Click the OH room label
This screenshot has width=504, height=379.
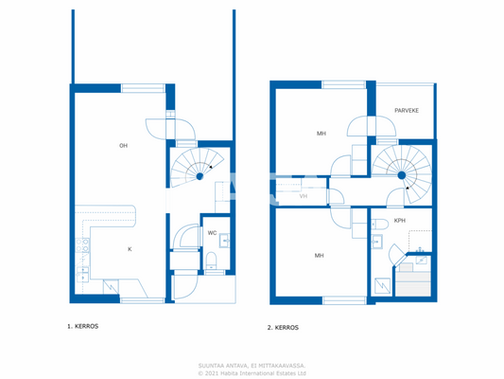[123, 145]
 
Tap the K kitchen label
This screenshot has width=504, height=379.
[130, 249]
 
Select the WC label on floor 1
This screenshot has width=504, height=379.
[212, 232]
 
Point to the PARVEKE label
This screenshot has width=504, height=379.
[407, 111]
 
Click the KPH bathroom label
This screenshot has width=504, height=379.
[400, 222]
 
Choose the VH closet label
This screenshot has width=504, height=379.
[303, 196]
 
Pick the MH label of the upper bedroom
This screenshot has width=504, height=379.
[322, 134]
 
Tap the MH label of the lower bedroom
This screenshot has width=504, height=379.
[320, 256]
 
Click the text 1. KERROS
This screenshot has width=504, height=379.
[82, 326]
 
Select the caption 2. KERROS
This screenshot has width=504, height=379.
[284, 327]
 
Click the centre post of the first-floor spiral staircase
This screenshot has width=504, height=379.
[200, 174]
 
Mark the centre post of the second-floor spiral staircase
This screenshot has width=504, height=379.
[401, 175]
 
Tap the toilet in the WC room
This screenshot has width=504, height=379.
[213, 261]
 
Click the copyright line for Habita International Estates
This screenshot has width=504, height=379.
[252, 373]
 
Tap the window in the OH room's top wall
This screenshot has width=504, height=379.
[142, 88]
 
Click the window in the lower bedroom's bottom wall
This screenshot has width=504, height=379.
[343, 300]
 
